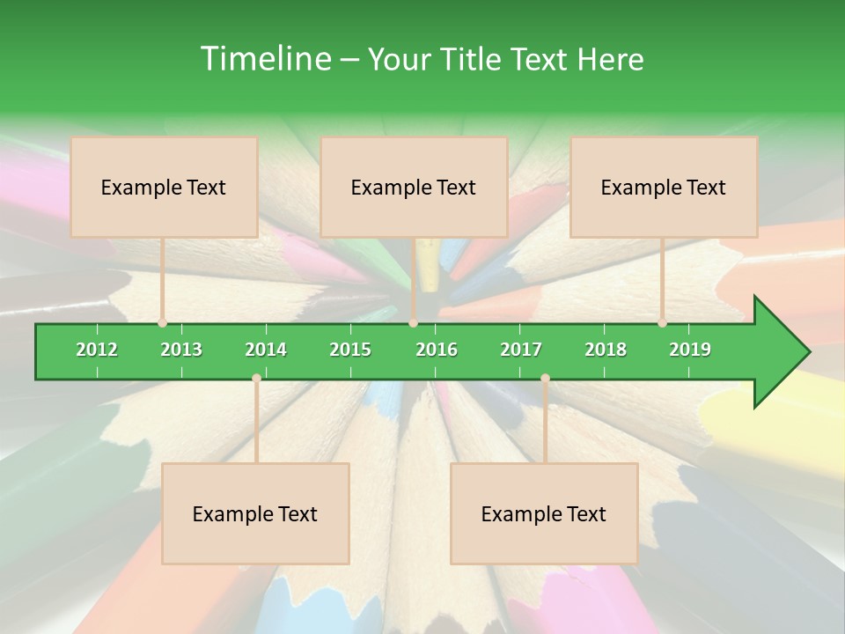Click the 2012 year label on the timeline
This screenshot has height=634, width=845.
coord(97,350)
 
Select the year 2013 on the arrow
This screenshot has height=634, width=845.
coord(181,350)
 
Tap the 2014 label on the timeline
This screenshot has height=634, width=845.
coord(266,350)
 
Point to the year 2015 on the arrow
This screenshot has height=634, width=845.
coord(350,350)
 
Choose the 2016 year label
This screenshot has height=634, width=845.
coord(437,350)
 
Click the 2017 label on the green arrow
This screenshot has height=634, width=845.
coord(521,350)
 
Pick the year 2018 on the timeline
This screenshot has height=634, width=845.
coord(606,350)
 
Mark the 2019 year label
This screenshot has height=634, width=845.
coord(690,350)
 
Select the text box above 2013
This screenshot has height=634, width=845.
coord(164,187)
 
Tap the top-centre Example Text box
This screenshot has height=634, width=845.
coord(414,187)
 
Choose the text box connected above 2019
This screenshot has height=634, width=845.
coord(664,187)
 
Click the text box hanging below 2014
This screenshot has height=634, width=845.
coord(255,513)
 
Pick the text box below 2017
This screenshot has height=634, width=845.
coord(544,513)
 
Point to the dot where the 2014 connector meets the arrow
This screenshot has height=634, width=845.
coord(256,379)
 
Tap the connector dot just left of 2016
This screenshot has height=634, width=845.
coord(413,323)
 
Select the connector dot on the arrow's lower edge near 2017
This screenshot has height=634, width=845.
coord(545,379)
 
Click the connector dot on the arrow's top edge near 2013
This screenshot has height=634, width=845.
coord(163,323)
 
